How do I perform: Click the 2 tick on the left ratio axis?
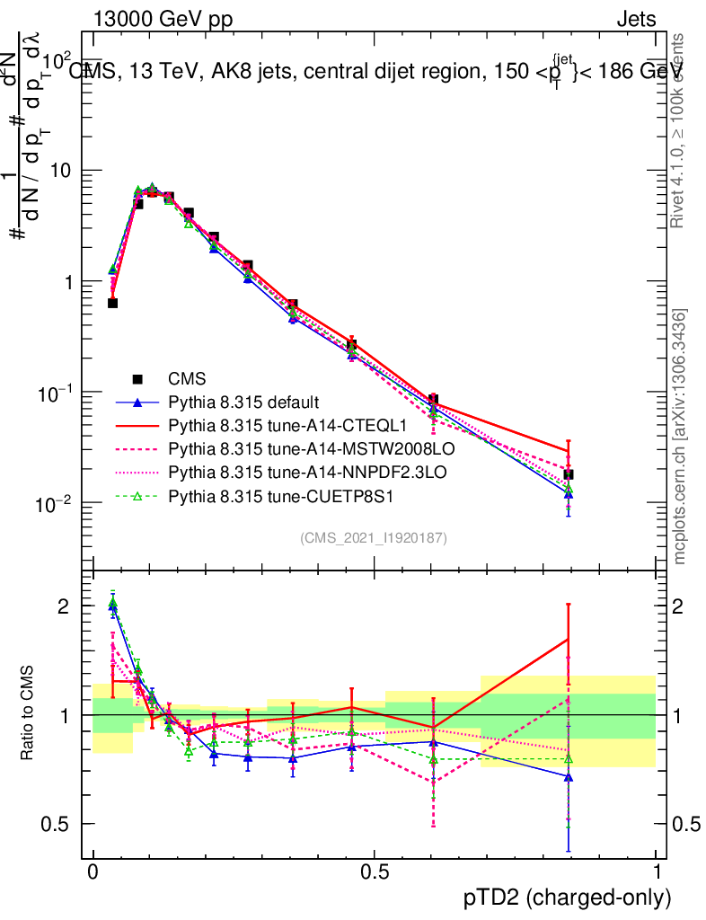[x=63, y=606]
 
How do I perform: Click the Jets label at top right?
[x=636, y=19]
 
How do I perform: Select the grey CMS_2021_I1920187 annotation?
[x=374, y=537]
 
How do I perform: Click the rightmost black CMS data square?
[x=568, y=474]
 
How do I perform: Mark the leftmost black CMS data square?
[x=112, y=303]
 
